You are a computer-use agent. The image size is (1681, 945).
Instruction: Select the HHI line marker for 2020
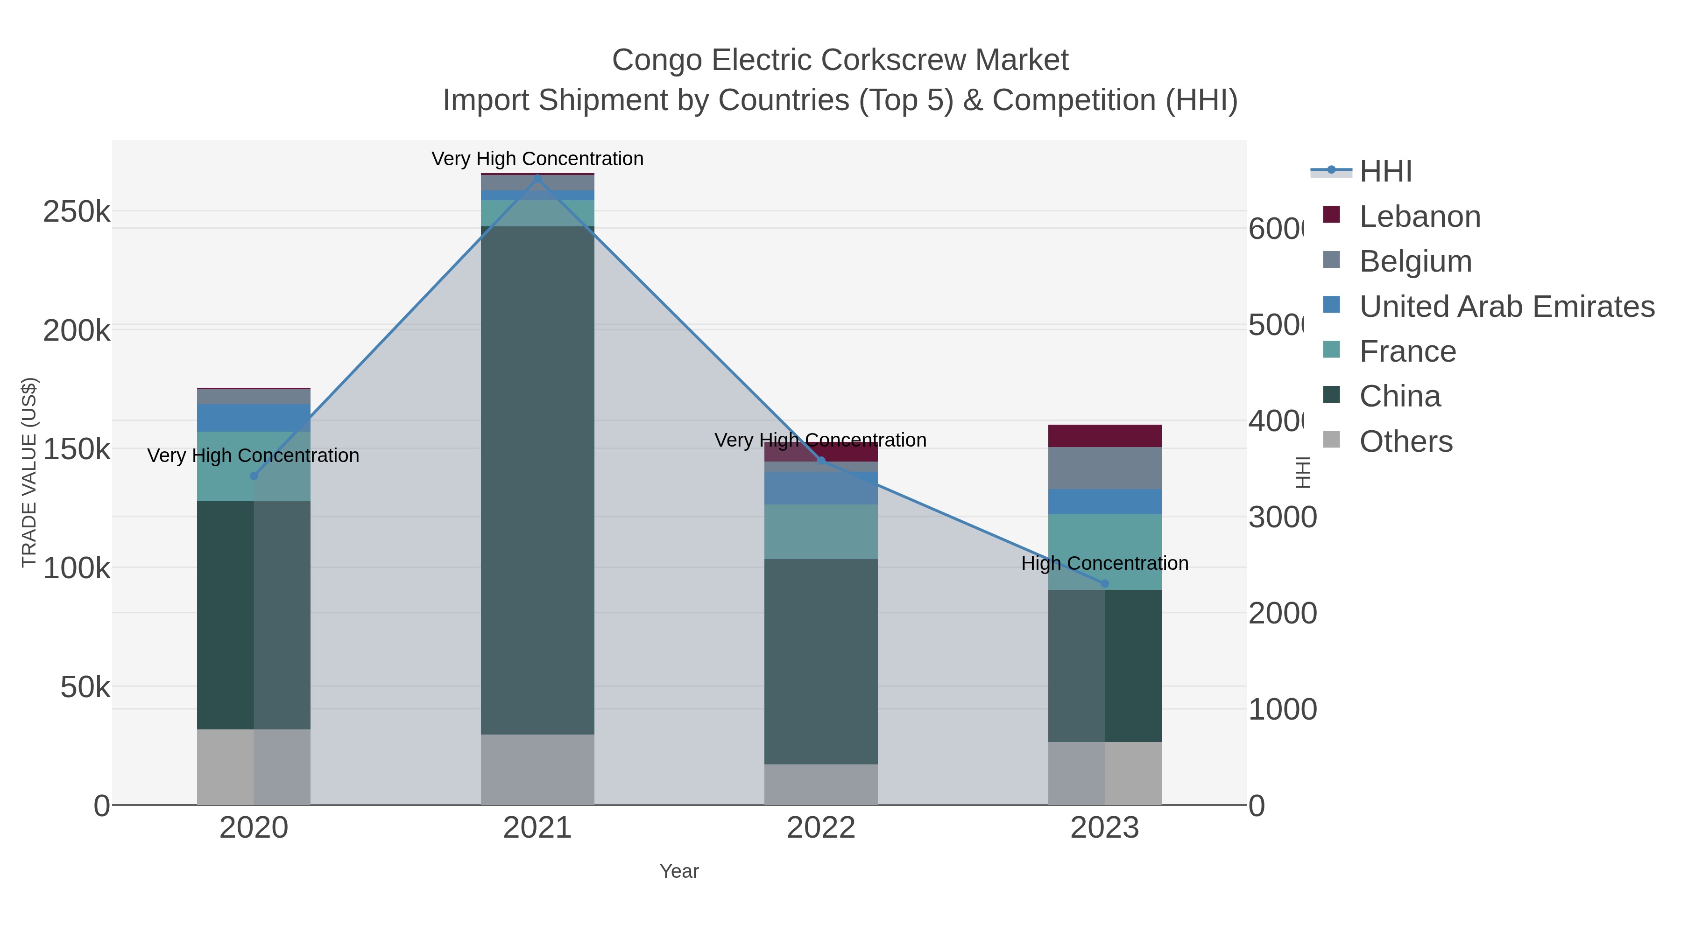(254, 476)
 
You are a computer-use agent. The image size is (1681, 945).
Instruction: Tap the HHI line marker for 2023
(1105, 584)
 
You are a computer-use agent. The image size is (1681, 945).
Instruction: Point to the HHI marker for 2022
(821, 461)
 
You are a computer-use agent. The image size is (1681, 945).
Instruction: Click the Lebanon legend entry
(1420, 217)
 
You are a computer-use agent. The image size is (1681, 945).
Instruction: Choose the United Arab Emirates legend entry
(1506, 307)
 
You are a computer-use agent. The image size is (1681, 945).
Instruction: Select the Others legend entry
(1406, 441)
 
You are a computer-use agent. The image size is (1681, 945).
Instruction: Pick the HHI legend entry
(1385, 172)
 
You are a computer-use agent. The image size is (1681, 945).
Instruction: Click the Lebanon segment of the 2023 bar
(1105, 436)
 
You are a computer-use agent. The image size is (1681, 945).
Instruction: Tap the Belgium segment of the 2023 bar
(1105, 468)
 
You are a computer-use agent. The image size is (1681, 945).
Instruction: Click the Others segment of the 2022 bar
(821, 784)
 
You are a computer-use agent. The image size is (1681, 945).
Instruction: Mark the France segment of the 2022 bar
(821, 532)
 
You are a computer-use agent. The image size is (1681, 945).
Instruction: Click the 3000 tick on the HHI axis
(1282, 518)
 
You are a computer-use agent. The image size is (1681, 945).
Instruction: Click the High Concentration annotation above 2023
(1105, 563)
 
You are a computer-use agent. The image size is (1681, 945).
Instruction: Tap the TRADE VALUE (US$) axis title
(29, 472)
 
